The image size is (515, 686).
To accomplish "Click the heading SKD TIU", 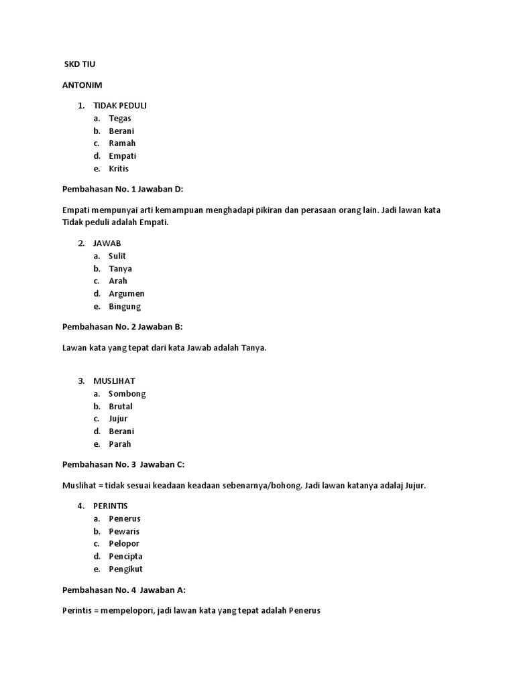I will pyautogui.click(x=80, y=64).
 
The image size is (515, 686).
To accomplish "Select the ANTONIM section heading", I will pyautogui.click(x=82, y=85).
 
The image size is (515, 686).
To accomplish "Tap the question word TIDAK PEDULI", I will pyautogui.click(x=119, y=106).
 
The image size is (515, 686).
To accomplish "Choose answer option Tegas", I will pyautogui.click(x=120, y=119).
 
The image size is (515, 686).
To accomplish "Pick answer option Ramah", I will pyautogui.click(x=122, y=143).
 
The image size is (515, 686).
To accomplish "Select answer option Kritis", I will pyautogui.click(x=119, y=169).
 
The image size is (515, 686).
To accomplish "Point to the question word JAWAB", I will pyautogui.click(x=107, y=243).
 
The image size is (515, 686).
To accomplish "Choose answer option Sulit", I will pyautogui.click(x=117, y=256).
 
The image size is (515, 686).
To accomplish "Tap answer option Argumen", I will pyautogui.click(x=127, y=293).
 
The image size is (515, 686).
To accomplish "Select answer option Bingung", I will pyautogui.click(x=125, y=306).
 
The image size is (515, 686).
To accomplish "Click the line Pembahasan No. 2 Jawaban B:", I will pyautogui.click(x=122, y=327).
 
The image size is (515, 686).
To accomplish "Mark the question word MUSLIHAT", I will pyautogui.click(x=114, y=381).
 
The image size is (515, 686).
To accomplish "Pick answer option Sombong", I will pyautogui.click(x=127, y=394).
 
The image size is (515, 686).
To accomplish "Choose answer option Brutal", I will pyautogui.click(x=121, y=407).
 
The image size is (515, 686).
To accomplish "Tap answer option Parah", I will pyautogui.click(x=120, y=444).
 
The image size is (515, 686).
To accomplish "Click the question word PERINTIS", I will pyautogui.click(x=111, y=506).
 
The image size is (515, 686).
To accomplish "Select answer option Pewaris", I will pyautogui.click(x=124, y=531).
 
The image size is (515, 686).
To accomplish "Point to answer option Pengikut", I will pyautogui.click(x=126, y=569).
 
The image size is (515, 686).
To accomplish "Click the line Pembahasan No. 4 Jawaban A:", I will pyautogui.click(x=123, y=590).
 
